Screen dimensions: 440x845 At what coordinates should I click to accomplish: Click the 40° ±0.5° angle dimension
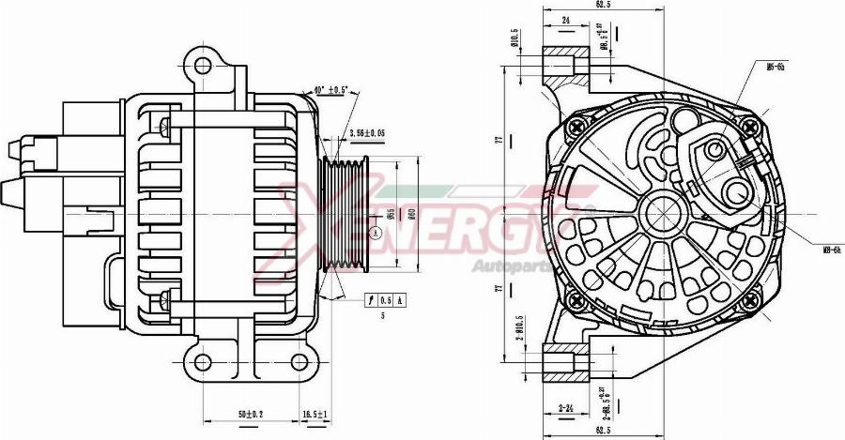[x=331, y=90]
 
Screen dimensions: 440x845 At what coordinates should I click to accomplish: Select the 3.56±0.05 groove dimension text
[x=368, y=134]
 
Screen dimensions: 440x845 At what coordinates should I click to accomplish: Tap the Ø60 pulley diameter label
[x=410, y=215]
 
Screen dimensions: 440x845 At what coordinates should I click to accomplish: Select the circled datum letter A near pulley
[x=375, y=233]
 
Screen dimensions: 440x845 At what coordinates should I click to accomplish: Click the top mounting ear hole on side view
[x=201, y=66]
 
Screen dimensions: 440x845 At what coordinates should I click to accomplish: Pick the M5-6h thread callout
[x=776, y=67]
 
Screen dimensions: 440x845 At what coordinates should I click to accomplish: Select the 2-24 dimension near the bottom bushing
[x=566, y=407]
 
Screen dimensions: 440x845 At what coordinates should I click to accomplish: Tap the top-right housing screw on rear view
[x=747, y=127]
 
